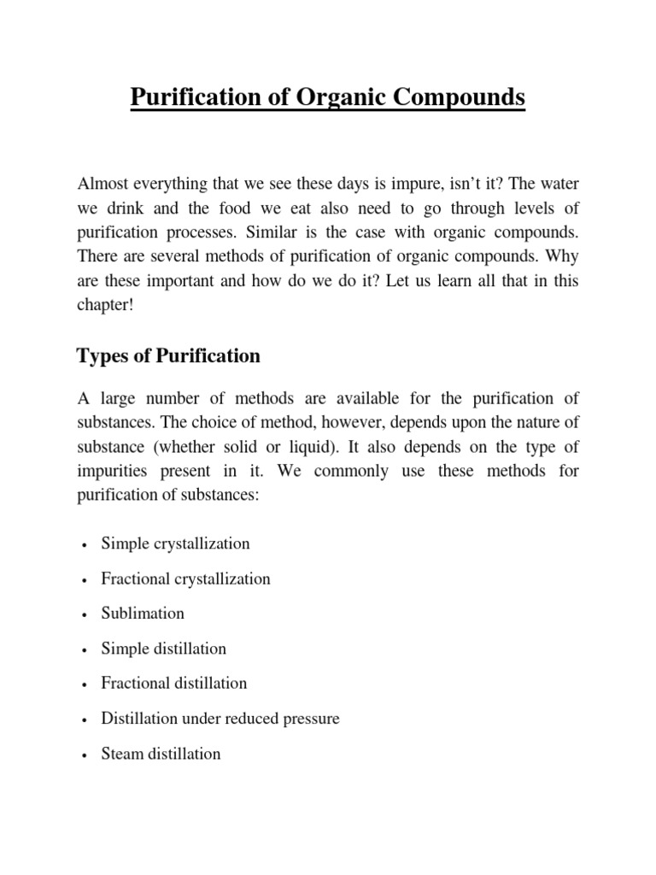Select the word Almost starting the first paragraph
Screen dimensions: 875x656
[x=103, y=185]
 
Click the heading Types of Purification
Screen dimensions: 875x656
[x=168, y=355]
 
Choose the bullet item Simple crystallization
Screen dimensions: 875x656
[x=175, y=543]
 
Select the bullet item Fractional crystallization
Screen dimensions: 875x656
[x=185, y=578]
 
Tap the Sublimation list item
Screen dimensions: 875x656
[x=143, y=614]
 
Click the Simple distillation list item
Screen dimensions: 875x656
[x=163, y=649]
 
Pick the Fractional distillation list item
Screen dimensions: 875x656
[x=173, y=684]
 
